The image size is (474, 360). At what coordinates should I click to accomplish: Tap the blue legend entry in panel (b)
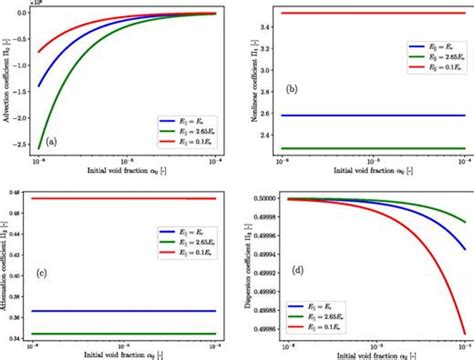pos(420,47)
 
